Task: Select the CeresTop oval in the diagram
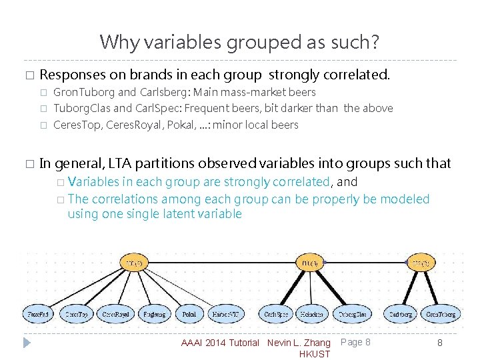(77, 313)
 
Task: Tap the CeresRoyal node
(116, 313)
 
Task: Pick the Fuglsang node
(155, 313)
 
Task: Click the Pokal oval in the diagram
(190, 313)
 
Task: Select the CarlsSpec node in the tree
(275, 313)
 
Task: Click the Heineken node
(311, 313)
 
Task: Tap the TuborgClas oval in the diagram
(352, 313)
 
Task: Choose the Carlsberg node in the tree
(401, 313)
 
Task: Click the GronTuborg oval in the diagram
(441, 313)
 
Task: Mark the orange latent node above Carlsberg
(421, 263)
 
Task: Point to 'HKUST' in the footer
(315, 354)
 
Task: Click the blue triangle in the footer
(27, 343)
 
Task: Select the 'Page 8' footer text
(355, 342)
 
